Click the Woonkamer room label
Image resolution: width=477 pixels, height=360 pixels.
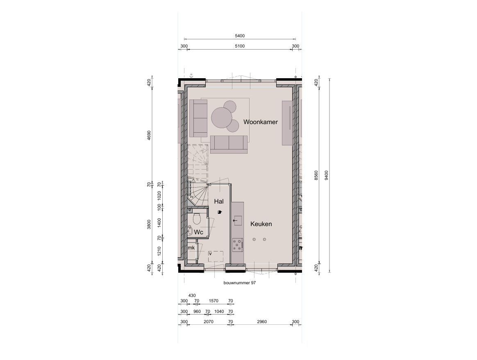coord(260,122)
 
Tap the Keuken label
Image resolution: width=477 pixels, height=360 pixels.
coord(261,224)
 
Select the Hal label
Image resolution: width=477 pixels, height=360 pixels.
coord(219,201)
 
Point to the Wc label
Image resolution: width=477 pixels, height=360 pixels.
coord(199,232)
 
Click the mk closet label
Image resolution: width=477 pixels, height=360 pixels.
coord(191,248)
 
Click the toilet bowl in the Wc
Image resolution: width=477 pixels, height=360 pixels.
coord(197,219)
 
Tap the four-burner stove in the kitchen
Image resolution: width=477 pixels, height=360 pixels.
coord(238,245)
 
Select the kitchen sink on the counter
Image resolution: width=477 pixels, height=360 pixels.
coord(237,220)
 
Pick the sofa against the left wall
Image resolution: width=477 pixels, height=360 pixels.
coord(198,118)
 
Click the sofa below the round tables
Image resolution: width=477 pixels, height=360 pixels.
coord(229,145)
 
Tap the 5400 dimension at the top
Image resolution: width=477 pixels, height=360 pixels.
coord(240,36)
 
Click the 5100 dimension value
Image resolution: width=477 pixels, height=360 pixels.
coord(240,46)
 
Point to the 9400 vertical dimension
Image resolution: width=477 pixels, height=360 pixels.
coord(327,175)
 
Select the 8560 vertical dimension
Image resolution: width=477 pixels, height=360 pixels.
coord(316,175)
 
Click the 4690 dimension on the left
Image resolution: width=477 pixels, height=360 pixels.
coord(149,135)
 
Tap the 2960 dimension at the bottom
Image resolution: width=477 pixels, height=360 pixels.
coord(261,322)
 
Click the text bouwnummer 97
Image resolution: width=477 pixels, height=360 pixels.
coord(240,283)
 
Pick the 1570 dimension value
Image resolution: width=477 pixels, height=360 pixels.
coord(214,301)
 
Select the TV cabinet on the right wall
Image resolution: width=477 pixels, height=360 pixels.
coord(287,123)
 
